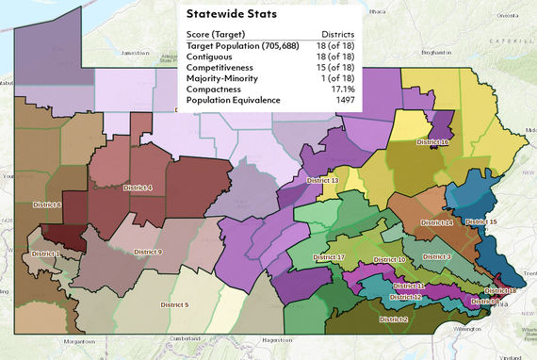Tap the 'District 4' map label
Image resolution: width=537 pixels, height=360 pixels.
[x=138, y=188]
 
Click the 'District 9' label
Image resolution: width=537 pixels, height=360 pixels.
[x=147, y=252]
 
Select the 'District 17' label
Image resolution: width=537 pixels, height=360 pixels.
[x=329, y=257]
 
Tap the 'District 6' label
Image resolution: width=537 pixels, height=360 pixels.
[x=46, y=205]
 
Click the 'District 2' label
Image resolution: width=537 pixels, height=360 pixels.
[x=393, y=319]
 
